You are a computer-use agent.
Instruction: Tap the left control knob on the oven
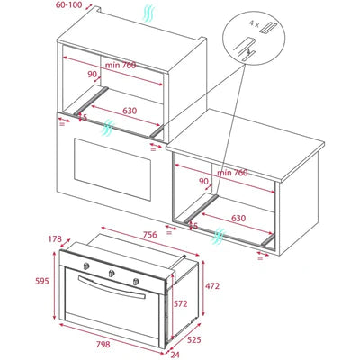coord(86,266)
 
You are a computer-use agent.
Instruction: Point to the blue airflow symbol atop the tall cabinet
coord(148,13)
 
